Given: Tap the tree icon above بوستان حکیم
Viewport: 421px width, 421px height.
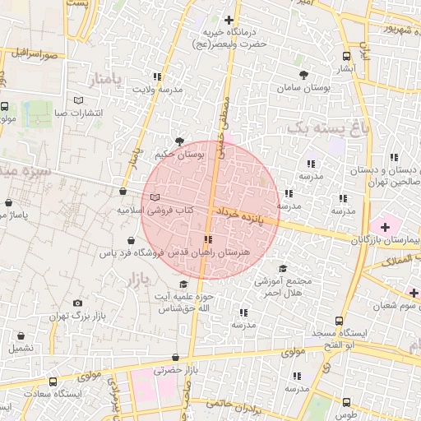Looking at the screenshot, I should (180, 141).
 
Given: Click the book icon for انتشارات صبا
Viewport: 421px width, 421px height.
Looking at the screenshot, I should (79, 100).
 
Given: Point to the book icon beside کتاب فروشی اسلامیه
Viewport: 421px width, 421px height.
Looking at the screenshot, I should (155, 197).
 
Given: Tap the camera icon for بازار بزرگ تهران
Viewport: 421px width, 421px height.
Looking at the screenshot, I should (78, 303).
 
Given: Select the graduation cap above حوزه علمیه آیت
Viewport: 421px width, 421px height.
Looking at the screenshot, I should (183, 284).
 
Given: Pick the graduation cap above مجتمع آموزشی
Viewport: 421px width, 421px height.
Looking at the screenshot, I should (284, 268).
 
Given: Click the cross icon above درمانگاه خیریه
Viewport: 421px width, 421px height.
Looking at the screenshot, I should (229, 20).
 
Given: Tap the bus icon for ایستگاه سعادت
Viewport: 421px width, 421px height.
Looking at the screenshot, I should (53, 382).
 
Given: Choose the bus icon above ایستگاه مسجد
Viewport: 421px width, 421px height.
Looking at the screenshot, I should (338, 322).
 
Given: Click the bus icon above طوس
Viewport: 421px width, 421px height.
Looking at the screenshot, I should (346, 402).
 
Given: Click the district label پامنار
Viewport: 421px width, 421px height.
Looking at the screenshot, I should (109, 79).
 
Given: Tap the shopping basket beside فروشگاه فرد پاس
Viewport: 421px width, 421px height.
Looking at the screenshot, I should (131, 241).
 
